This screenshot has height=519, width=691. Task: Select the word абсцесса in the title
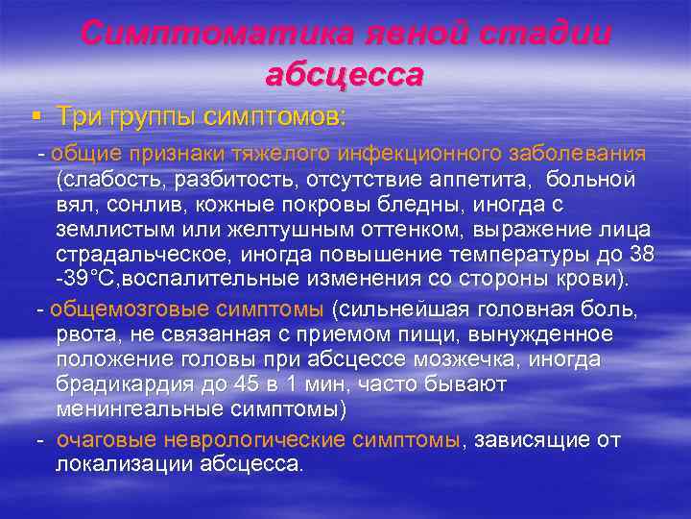click(x=345, y=74)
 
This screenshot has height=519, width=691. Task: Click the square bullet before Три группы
click(x=36, y=117)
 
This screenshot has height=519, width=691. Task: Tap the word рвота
click(x=83, y=334)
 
